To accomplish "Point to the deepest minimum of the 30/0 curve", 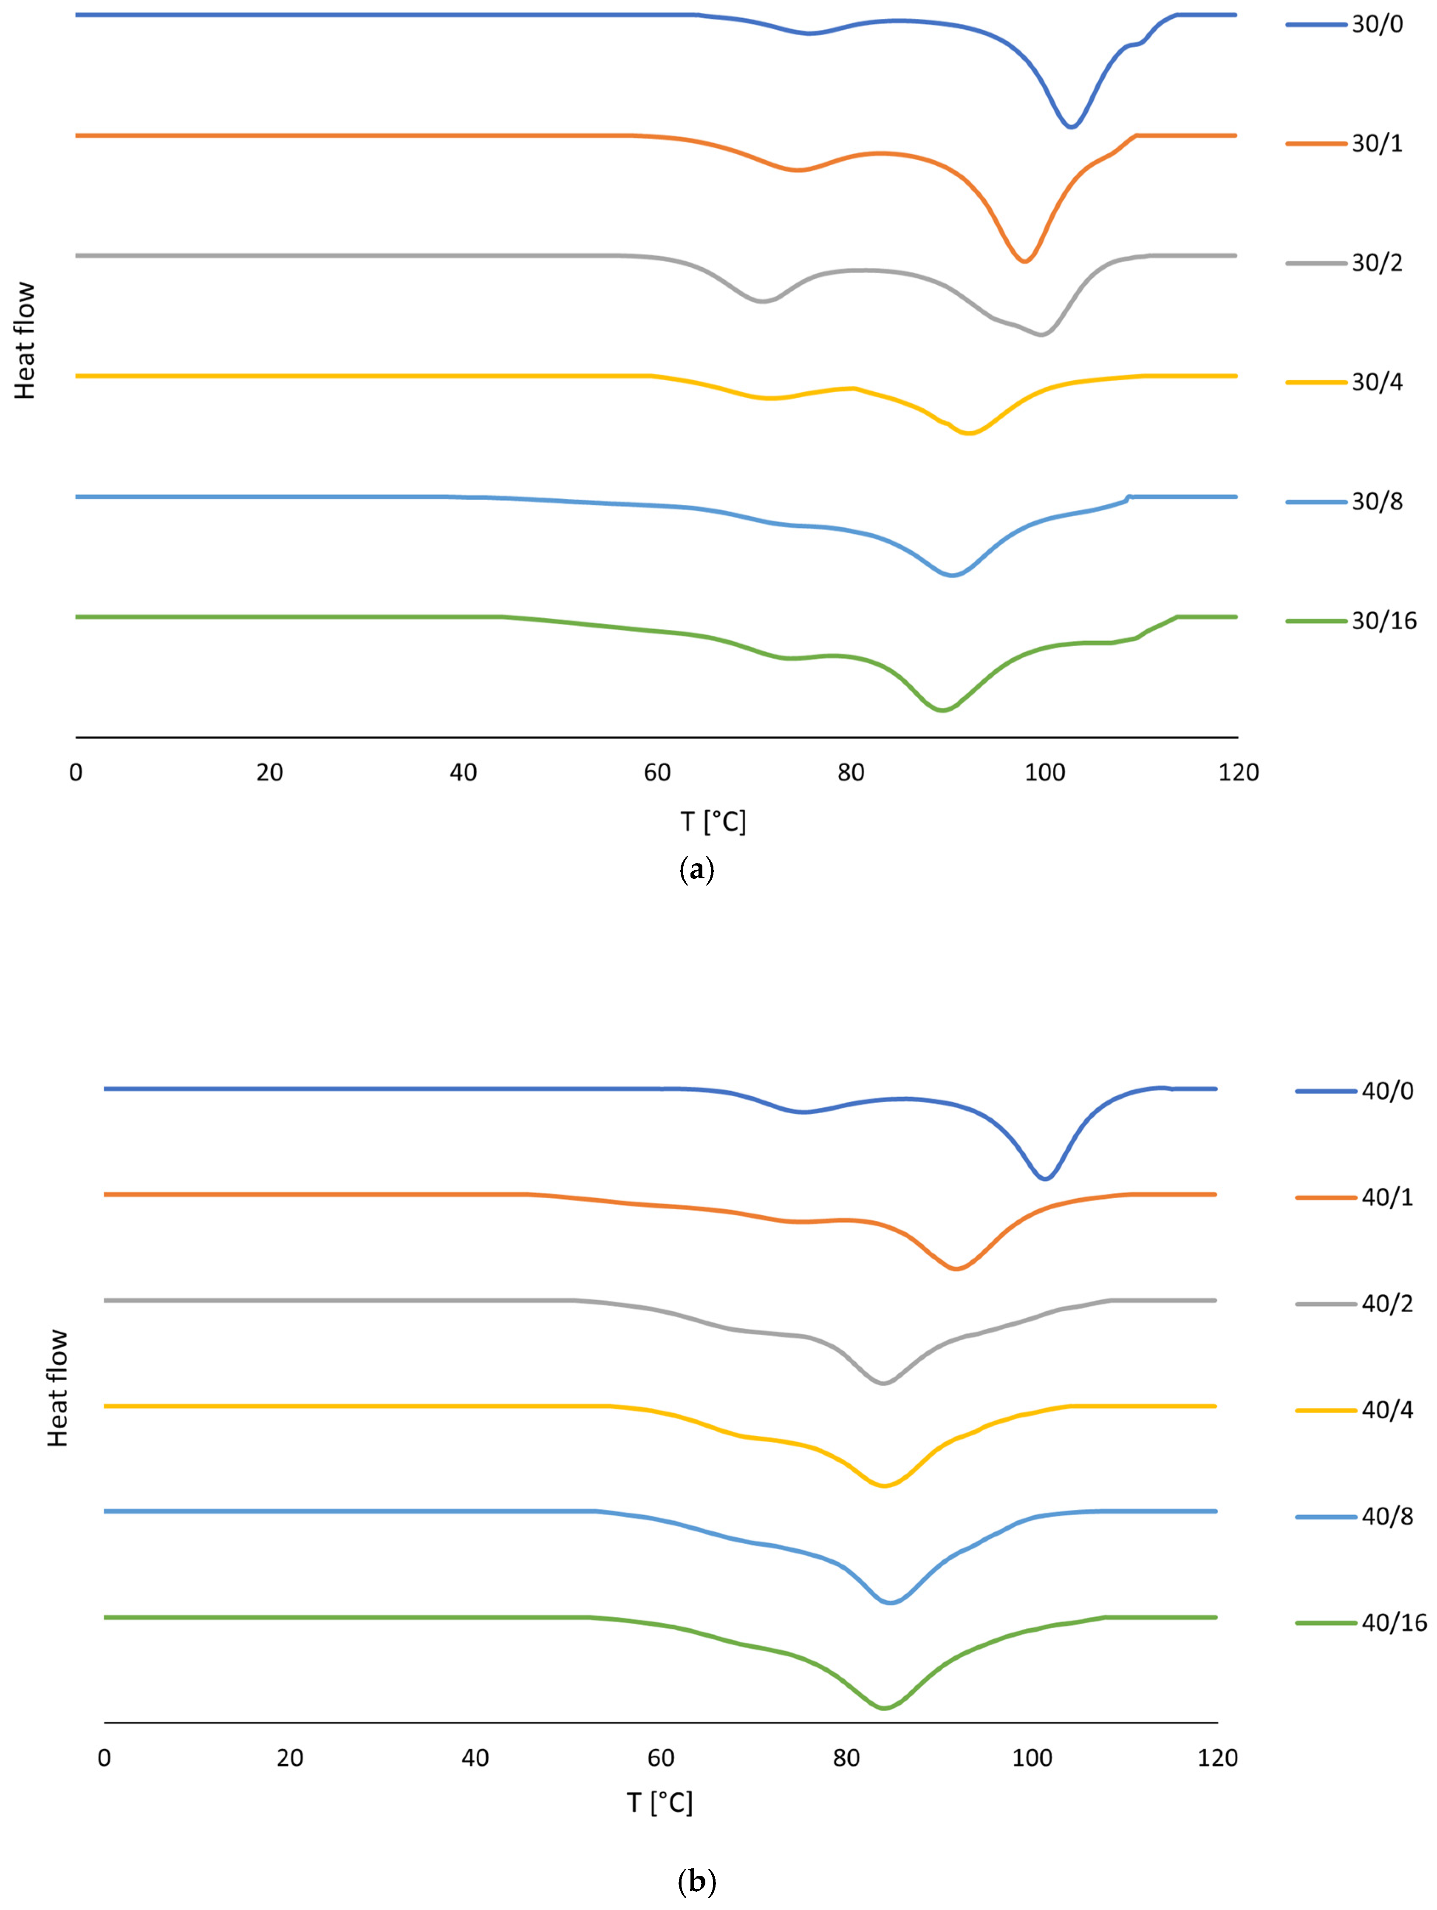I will click(1071, 127).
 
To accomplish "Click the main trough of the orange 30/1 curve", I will click(1024, 261).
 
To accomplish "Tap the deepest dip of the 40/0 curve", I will click(1045, 1179).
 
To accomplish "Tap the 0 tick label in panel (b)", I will click(105, 1757).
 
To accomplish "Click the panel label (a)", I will click(698, 869).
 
